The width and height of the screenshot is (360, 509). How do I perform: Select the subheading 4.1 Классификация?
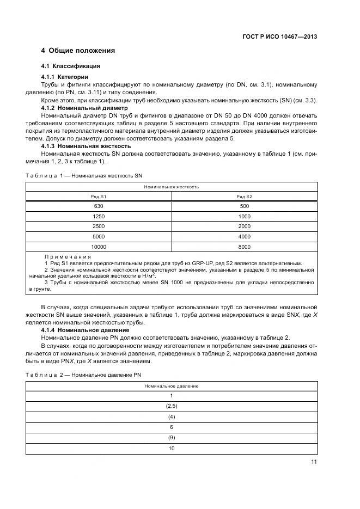click(x=70, y=66)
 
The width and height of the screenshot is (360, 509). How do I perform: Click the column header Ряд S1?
click(x=99, y=196)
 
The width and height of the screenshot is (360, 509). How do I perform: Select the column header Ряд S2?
click(x=244, y=196)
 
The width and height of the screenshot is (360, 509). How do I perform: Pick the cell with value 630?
click(x=99, y=206)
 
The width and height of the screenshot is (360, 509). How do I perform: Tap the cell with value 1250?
click(x=99, y=216)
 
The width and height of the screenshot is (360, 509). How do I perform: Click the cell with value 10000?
click(x=99, y=247)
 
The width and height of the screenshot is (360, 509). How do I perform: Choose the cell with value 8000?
click(x=244, y=247)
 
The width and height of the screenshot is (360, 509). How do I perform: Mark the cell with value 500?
click(x=244, y=206)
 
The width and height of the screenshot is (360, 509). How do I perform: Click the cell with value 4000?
click(x=244, y=236)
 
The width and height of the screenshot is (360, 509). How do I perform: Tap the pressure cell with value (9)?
click(x=172, y=438)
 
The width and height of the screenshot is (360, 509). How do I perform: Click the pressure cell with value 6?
click(x=172, y=427)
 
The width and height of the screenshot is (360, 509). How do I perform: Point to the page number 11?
click(x=314, y=462)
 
